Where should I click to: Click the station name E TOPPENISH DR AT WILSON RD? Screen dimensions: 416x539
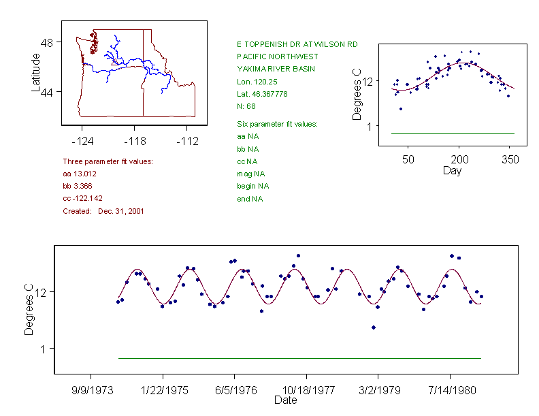297,44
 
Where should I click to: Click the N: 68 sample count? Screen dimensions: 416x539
246,106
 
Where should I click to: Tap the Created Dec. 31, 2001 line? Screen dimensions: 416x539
103,211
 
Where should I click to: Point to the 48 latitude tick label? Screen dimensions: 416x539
48,42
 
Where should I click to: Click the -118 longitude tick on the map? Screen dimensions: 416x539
135,142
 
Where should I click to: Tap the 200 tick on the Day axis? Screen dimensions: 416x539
459,159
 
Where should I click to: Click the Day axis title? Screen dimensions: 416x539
452,170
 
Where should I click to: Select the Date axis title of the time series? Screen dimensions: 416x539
285,400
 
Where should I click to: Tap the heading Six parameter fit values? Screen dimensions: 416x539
277,124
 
